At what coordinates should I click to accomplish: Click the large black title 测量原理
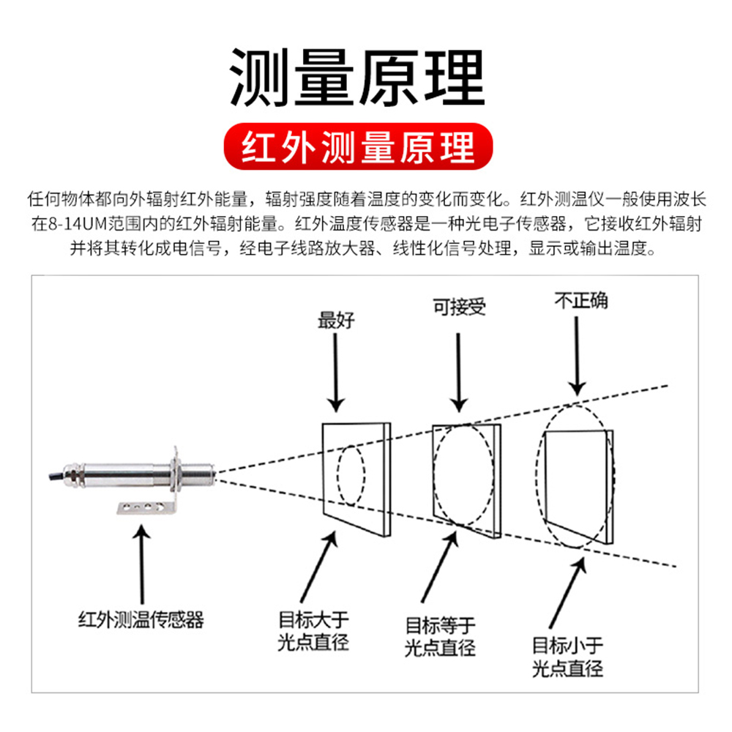click(x=358, y=78)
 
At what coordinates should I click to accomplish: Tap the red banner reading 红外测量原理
click(x=358, y=146)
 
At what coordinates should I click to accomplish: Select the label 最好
click(x=336, y=321)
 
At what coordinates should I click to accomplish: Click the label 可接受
click(x=460, y=307)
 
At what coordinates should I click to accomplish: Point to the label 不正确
click(x=581, y=300)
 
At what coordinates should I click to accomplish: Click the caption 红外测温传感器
click(x=141, y=620)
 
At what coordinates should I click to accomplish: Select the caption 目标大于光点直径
click(x=313, y=631)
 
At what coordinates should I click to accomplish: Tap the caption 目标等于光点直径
click(x=440, y=637)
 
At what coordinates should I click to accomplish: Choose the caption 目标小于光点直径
click(x=568, y=657)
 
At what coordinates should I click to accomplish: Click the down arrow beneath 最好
click(x=336, y=373)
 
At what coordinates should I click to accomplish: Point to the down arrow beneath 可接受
click(x=458, y=373)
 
